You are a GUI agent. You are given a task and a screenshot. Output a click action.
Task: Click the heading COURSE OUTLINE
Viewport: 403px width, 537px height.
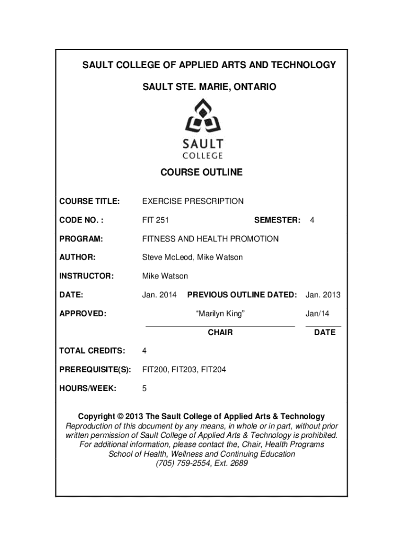tap(201, 172)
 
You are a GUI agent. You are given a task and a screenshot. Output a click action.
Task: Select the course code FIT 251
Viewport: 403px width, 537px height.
tap(155, 220)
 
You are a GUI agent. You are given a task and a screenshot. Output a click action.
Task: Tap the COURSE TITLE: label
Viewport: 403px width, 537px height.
tap(89, 201)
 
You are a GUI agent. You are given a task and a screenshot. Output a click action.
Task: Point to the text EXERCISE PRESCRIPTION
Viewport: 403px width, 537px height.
tap(193, 201)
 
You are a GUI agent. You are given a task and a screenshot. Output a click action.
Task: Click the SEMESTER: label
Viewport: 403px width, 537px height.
tap(277, 220)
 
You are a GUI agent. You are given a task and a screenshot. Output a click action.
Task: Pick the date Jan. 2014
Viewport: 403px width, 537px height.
tap(159, 295)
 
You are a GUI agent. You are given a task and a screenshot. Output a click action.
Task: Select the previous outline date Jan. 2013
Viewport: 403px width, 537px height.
tap(323, 295)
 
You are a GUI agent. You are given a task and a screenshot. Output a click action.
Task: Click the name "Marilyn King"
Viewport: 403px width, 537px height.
tap(220, 314)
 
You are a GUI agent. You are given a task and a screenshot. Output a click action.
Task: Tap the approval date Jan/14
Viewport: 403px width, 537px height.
tap(317, 314)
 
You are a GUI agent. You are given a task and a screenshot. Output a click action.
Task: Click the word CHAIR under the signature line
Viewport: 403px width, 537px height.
tap(220, 332)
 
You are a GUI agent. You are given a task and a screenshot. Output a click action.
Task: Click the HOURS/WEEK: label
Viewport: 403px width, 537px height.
tap(87, 389)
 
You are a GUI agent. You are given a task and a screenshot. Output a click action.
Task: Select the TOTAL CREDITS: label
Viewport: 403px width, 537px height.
tap(92, 351)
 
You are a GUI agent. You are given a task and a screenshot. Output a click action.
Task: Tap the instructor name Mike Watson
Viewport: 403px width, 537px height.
tap(165, 276)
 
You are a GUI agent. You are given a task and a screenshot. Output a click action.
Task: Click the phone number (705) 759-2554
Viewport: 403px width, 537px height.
tap(182, 464)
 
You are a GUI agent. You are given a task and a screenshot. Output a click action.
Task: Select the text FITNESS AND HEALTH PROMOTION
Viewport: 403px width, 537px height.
tap(210, 239)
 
